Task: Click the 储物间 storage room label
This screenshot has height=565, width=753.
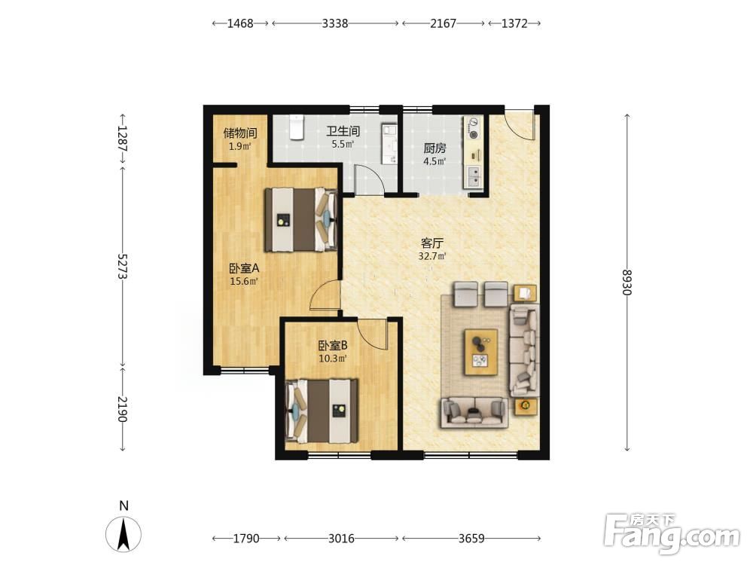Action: click(x=240, y=133)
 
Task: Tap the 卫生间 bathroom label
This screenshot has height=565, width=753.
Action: click(x=343, y=130)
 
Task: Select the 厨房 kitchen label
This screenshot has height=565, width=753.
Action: click(x=434, y=148)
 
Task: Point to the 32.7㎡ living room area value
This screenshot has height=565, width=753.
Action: click(x=432, y=256)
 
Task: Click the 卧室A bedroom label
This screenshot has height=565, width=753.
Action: click(x=244, y=268)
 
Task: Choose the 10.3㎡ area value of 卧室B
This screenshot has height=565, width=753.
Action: click(x=333, y=359)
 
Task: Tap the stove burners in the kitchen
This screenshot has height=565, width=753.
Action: click(x=474, y=128)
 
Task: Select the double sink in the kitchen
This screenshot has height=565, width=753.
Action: click(x=474, y=176)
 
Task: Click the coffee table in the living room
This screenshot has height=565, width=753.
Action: click(x=480, y=352)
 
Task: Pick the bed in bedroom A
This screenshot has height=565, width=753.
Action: click(x=301, y=219)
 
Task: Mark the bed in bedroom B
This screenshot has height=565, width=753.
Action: click(x=322, y=411)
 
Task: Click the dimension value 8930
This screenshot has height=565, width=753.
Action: click(x=626, y=282)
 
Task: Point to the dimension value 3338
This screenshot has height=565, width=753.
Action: click(x=335, y=23)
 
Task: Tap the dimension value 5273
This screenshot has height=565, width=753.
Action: click(x=123, y=266)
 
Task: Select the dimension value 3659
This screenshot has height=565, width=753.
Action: click(x=471, y=539)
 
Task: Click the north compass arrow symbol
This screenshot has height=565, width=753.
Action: click(x=123, y=534)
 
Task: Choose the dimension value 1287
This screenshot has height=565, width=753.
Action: click(x=123, y=139)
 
